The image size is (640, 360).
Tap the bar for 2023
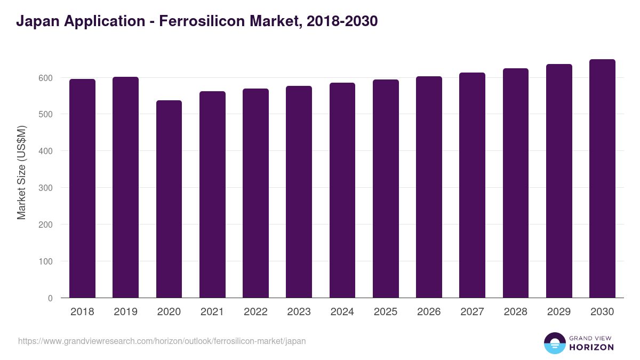[x=299, y=192]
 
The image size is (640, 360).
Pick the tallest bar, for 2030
[x=602, y=179]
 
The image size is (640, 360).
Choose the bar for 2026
[x=429, y=187]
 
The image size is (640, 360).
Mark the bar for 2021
[x=212, y=195]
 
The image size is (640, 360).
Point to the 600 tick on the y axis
[x=45, y=78]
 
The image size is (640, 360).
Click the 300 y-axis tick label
[x=45, y=188]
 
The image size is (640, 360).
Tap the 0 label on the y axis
[x=50, y=298]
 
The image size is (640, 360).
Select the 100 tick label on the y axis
[x=45, y=261]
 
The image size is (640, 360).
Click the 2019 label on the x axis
[x=125, y=312]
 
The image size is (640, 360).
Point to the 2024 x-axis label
[x=342, y=312]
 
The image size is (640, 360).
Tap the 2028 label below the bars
[x=515, y=312]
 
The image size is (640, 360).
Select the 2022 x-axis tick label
[x=255, y=312]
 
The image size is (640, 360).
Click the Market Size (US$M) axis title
[x=21, y=172]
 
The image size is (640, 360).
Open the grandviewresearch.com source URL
[x=162, y=341]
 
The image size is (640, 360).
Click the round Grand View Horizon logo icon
[x=555, y=343]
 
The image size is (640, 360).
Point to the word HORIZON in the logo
[x=591, y=347]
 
